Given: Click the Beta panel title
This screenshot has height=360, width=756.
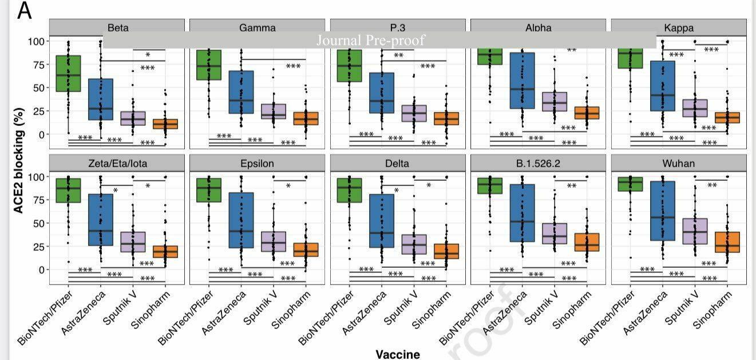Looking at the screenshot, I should [117, 27].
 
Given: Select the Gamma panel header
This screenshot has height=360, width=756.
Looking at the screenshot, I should [258, 27].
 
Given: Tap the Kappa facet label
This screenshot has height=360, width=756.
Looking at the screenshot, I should [679, 27].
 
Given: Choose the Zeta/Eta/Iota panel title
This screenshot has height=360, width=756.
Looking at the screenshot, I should [117, 163].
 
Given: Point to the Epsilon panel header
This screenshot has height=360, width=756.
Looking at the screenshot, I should [258, 163].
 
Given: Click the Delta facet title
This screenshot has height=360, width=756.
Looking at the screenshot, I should [398, 163].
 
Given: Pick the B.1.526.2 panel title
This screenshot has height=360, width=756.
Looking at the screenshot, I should [539, 163].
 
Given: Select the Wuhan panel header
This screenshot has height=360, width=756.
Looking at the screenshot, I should [679, 163].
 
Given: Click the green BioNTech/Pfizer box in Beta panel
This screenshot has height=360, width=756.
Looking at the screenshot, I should [68, 73].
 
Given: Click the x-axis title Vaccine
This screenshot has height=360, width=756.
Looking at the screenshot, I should [398, 354].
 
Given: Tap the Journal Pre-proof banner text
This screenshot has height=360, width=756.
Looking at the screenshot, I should [371, 40].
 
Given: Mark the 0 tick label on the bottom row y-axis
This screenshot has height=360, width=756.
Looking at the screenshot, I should [39, 270].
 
